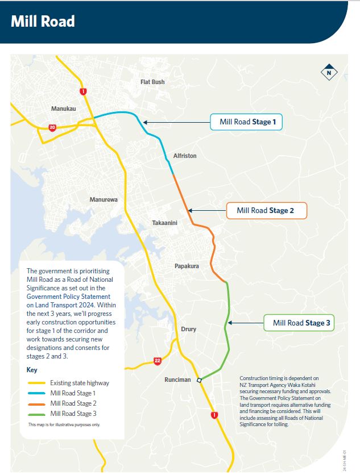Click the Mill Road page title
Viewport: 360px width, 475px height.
coord(43,21)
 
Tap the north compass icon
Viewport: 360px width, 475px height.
coord(328,73)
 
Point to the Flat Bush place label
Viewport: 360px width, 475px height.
coord(152,82)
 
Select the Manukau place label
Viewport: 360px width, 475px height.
coord(64,108)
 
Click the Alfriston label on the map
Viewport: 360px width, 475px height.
coord(185,156)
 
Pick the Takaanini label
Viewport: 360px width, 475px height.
coord(165,223)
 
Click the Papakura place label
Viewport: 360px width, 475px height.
coord(187,266)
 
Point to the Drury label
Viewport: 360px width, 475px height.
coord(188,329)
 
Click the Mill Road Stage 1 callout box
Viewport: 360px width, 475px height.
coord(246,122)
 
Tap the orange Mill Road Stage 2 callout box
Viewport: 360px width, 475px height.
coord(266,211)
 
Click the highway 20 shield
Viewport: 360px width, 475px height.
coord(52,127)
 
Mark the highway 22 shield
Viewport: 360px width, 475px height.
coord(157,360)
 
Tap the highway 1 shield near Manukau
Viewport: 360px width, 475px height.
coord(84,91)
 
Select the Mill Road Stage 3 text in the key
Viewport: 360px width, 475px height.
coord(73,414)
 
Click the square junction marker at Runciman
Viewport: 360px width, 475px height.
coord(199,380)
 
